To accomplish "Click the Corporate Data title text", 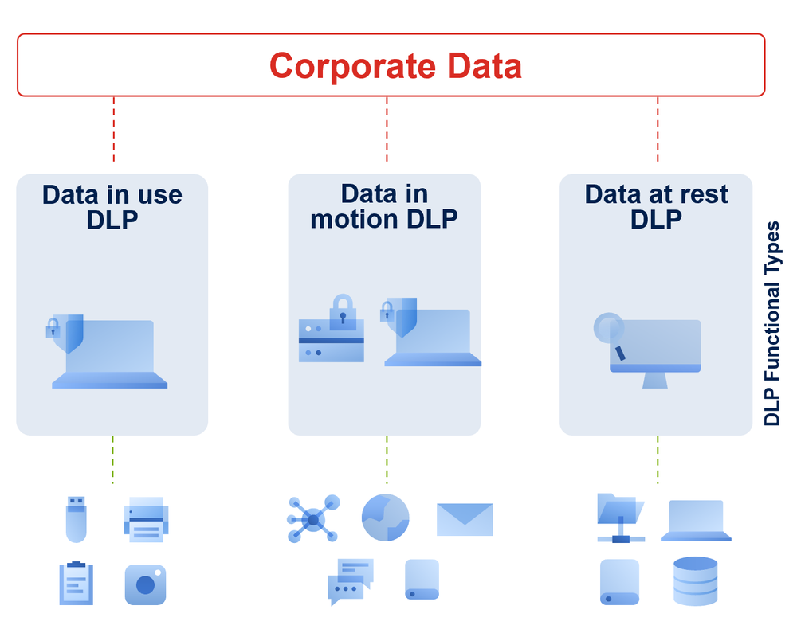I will (395, 66).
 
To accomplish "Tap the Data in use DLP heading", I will (112, 206).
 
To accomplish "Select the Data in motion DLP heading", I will (384, 205).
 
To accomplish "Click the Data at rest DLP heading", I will (656, 205).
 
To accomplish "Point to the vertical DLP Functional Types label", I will (772, 324).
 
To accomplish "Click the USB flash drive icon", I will (76, 518).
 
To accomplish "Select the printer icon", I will (146, 520).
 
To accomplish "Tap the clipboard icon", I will (76, 583).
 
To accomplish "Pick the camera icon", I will (145, 584).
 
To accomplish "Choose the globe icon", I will (385, 518).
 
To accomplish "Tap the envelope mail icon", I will (465, 519).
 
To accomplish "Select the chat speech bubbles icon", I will (351, 581).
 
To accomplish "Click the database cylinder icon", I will (695, 581).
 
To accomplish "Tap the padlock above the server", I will (343, 312).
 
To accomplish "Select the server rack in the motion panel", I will (331, 341).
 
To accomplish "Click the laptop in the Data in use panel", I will (110, 355).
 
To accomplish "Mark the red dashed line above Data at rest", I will (658, 129).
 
